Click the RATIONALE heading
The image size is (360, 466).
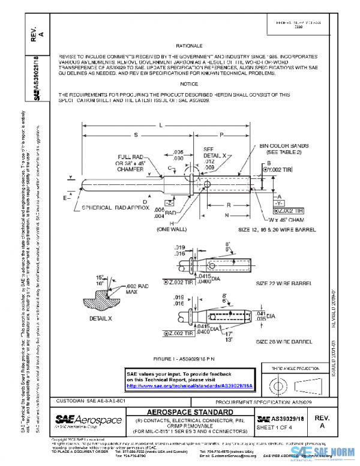tap(189, 46)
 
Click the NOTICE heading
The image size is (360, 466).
tap(189, 84)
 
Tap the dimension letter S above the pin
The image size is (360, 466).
tap(136, 135)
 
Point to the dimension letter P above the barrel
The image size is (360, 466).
tap(221, 135)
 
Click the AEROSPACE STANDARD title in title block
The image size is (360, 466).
tap(190, 412)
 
